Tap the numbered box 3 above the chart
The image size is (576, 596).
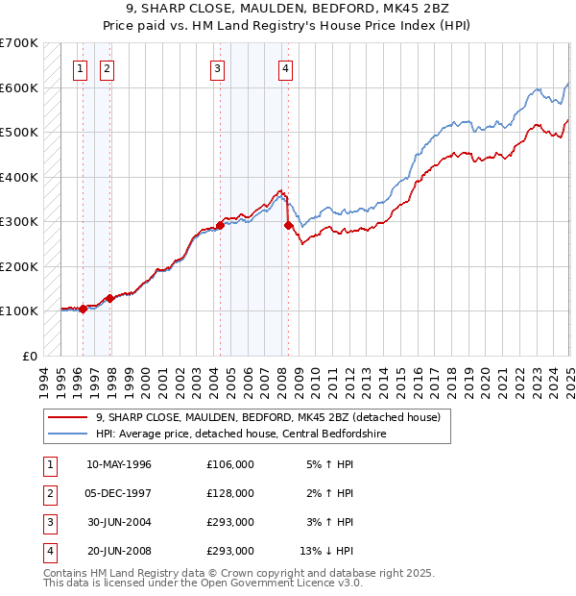coord(218,68)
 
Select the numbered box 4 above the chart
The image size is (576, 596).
coord(286,68)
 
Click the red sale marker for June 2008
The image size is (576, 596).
coord(288,226)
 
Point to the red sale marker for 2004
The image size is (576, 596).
coord(220,226)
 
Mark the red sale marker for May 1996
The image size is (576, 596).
coord(84,309)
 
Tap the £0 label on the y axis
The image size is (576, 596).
coord(30,356)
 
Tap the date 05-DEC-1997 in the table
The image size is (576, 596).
coord(119,493)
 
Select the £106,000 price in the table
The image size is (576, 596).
coord(230,464)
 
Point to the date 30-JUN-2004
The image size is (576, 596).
coord(119,522)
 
